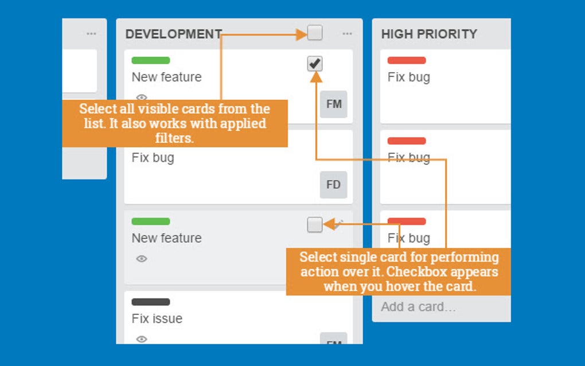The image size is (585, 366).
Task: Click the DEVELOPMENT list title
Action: tap(173, 34)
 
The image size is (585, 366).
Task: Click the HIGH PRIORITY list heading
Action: tap(429, 34)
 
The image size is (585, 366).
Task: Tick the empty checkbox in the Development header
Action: tap(315, 33)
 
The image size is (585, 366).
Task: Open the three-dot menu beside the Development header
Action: tap(347, 34)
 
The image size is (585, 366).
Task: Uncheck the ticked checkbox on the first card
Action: tap(315, 64)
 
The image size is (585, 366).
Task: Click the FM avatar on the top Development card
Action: tap(334, 104)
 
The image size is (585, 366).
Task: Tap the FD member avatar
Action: tap(334, 185)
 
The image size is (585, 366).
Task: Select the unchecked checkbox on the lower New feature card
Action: tap(315, 225)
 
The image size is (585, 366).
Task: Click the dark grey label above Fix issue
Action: tap(151, 302)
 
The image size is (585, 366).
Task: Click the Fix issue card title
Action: tap(157, 318)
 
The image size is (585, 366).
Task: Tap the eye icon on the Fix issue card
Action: tap(142, 339)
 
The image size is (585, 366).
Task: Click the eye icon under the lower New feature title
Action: tap(142, 259)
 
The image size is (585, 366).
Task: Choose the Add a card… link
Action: tap(418, 307)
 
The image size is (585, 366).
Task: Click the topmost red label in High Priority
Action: tap(407, 60)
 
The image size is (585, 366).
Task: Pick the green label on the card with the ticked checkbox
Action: tap(151, 60)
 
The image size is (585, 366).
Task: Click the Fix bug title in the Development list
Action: tap(153, 158)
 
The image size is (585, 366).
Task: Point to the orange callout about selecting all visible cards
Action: tap(174, 123)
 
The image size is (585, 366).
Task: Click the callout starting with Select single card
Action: tap(399, 271)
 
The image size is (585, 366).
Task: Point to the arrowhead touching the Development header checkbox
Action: tap(302, 35)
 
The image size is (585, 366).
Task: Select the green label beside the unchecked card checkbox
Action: tap(151, 221)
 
